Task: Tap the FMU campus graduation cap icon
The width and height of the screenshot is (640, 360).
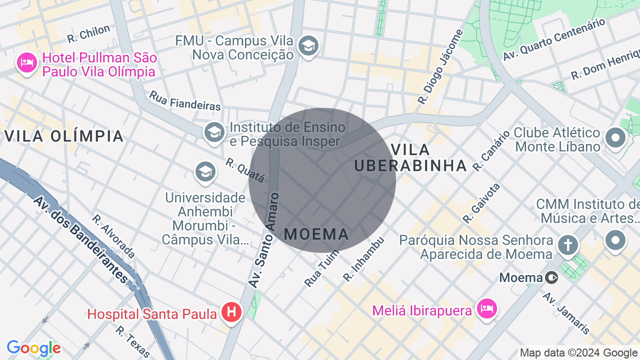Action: click(308, 46)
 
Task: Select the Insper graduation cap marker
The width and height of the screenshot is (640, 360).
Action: click(214, 132)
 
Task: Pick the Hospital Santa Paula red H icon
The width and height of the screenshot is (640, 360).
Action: click(231, 312)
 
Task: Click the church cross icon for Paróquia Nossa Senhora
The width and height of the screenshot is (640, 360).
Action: click(568, 245)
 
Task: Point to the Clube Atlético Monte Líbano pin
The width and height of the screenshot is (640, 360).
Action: click(615, 138)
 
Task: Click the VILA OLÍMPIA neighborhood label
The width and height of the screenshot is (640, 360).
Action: click(64, 136)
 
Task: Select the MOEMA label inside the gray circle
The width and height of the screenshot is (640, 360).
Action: click(316, 233)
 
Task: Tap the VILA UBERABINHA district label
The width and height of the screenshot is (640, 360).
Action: click(410, 157)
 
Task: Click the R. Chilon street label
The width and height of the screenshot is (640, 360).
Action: click(88, 33)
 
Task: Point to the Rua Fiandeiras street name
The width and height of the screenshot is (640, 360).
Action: click(185, 100)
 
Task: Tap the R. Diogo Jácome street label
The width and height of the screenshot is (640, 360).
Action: click(440, 67)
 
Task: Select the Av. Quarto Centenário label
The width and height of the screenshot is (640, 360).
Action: click(554, 39)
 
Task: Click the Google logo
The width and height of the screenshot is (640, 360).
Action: click(33, 348)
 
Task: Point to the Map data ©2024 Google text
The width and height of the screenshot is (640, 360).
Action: click(579, 353)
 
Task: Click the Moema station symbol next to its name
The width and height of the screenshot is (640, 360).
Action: click(551, 277)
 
